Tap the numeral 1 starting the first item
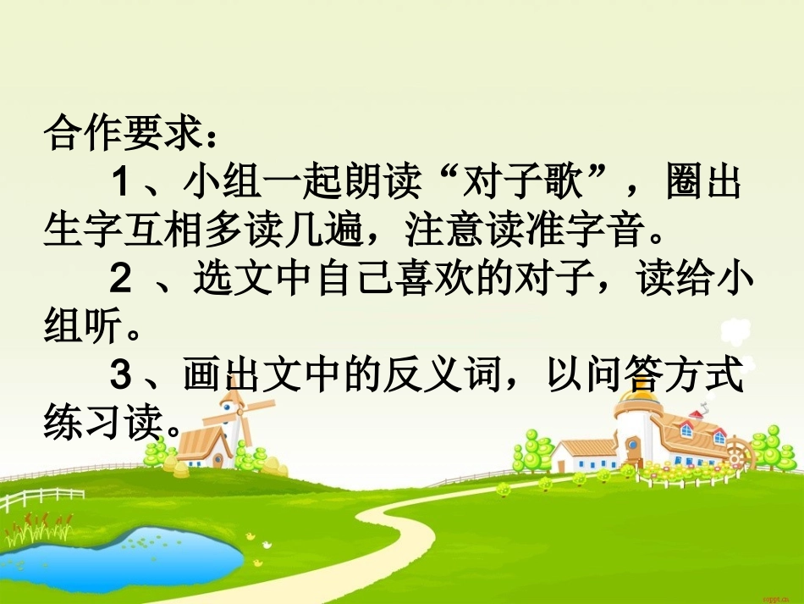(x=121, y=182)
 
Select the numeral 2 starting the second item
(x=121, y=278)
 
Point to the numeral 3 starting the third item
(x=121, y=374)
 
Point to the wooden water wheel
(x=737, y=454)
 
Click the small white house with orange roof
(x=585, y=456)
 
